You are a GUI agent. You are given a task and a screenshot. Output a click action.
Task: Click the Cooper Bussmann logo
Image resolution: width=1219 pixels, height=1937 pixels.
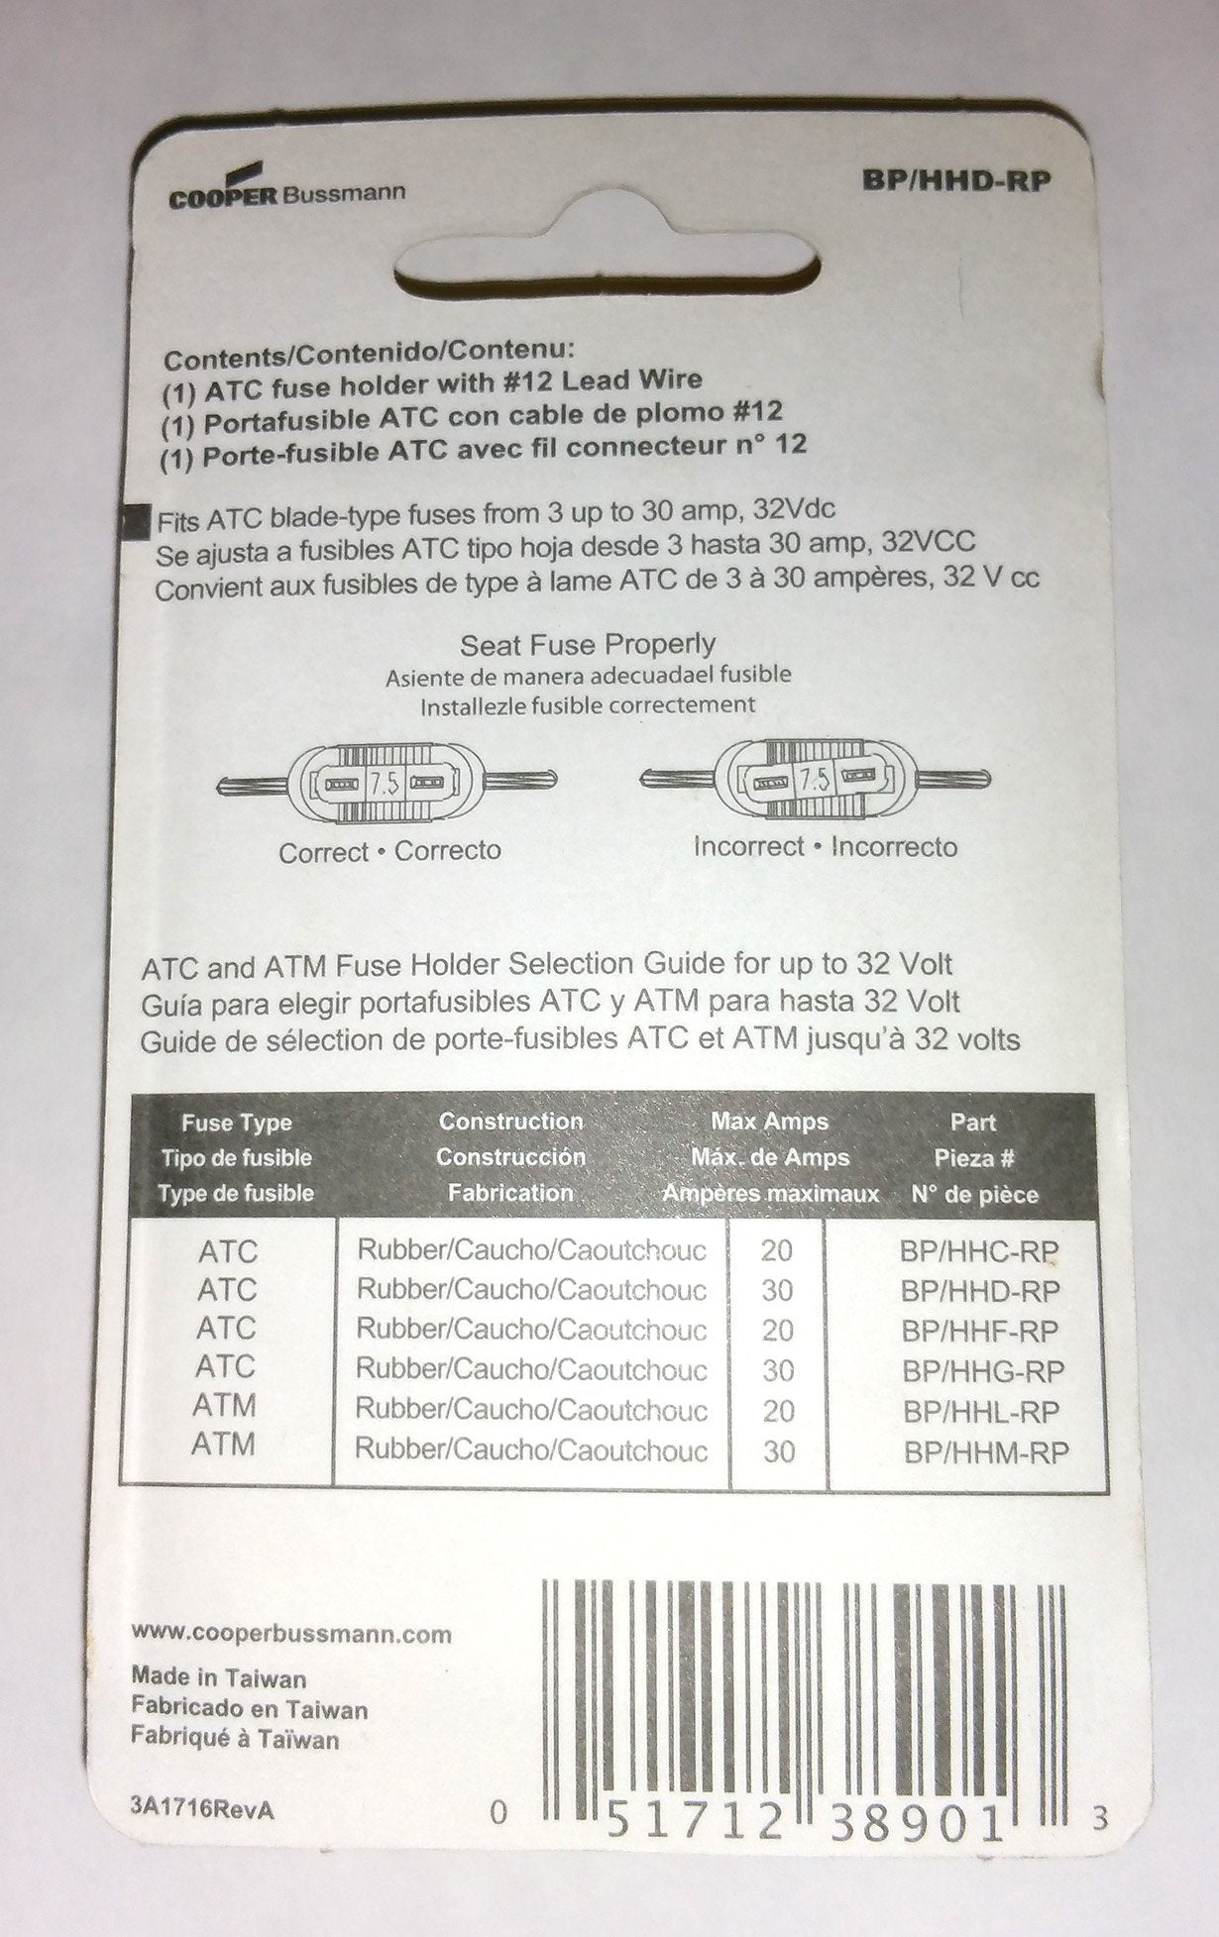click(x=286, y=191)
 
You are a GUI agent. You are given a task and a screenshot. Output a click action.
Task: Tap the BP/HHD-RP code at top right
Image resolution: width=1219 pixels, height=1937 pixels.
click(x=957, y=181)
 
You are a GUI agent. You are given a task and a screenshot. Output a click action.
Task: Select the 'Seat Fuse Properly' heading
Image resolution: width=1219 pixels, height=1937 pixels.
click(x=588, y=646)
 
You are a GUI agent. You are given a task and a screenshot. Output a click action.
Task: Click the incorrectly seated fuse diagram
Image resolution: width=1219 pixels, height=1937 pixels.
click(x=815, y=780)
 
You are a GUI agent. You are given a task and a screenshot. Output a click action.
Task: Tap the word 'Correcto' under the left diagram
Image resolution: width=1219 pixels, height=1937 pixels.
click(x=448, y=851)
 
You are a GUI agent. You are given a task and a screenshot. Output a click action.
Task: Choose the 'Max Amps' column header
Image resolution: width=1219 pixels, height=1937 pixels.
click(x=769, y=1123)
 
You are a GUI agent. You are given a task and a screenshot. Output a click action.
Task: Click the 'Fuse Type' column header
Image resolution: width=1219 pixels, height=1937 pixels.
click(x=236, y=1124)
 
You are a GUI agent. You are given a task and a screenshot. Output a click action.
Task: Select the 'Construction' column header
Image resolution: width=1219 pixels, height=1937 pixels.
click(x=510, y=1122)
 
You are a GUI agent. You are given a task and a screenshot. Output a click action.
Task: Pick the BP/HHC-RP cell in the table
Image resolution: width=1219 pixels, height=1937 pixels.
click(x=979, y=1251)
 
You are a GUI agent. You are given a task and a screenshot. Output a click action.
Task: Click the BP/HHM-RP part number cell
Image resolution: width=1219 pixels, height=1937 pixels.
click(x=986, y=1453)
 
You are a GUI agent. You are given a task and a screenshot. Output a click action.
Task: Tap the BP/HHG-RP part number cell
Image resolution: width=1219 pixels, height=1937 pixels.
click(x=983, y=1371)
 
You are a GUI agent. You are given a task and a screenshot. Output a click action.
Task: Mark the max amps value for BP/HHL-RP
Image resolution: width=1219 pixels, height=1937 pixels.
click(x=778, y=1411)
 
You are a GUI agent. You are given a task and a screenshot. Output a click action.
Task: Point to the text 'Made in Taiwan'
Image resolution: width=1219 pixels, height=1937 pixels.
click(x=219, y=1678)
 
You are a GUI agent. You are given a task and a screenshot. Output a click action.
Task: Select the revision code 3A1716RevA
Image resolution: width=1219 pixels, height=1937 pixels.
click(x=201, y=1809)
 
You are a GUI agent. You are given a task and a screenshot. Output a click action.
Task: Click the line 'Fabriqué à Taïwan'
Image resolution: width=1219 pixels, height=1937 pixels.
click(x=235, y=1740)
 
